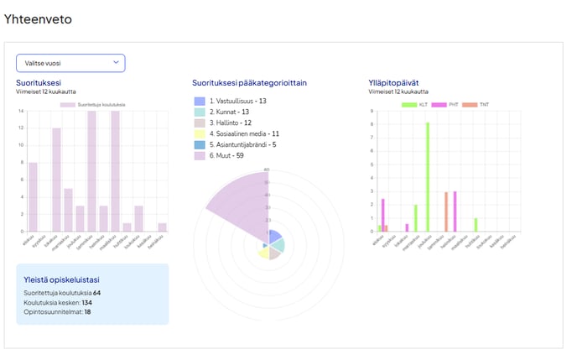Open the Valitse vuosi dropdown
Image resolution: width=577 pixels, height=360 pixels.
pyautogui.click(x=70, y=63)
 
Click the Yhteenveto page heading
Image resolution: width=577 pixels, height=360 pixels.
pyautogui.click(x=38, y=18)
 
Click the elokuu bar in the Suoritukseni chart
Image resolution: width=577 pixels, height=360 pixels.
pyautogui.click(x=33, y=197)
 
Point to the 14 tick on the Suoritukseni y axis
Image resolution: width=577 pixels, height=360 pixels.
pyautogui.click(x=21, y=111)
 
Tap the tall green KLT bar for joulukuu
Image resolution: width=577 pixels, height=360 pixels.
pyautogui.click(x=427, y=177)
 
